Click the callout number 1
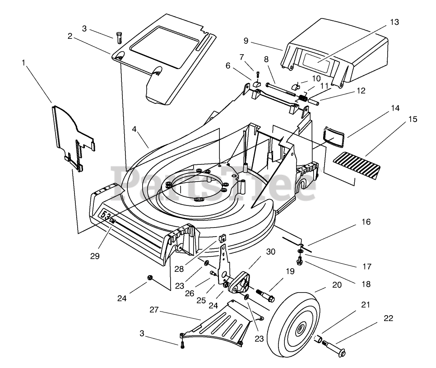(23, 63)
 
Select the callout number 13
(394, 22)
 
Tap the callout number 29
(95, 256)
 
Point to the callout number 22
(389, 318)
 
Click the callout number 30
(270, 252)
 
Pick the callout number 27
(154, 310)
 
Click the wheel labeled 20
(294, 325)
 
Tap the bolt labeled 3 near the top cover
(118, 37)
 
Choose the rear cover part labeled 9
(334, 52)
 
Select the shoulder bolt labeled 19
(265, 295)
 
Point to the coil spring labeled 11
(303, 98)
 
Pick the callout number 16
(366, 222)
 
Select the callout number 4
(135, 129)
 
